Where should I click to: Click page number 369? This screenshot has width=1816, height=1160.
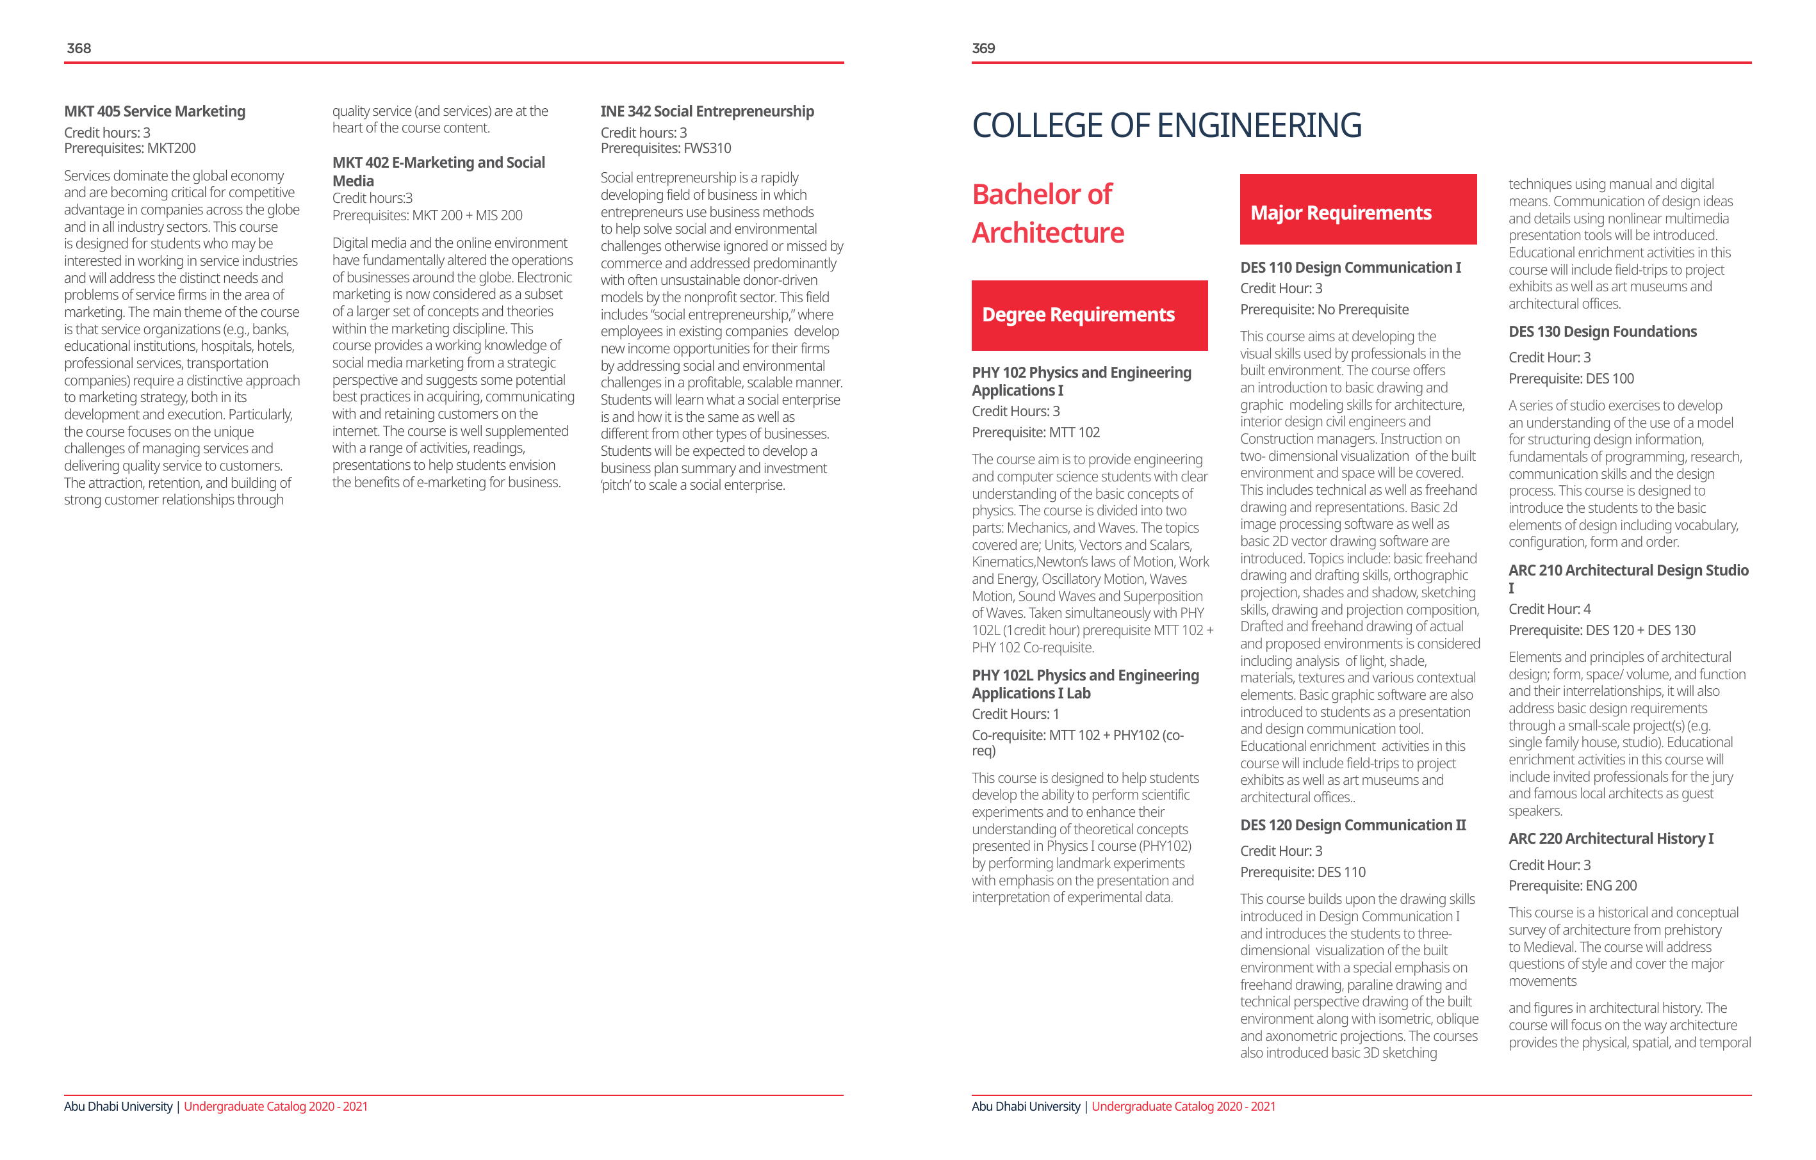983,48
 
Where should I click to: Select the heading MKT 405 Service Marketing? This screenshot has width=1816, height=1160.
154,111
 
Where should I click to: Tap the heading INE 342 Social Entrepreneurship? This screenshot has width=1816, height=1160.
707,111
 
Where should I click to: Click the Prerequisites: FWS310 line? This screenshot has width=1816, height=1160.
665,149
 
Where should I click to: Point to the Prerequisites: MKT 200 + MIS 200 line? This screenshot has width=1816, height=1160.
427,216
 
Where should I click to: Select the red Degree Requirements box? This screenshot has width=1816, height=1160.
1089,315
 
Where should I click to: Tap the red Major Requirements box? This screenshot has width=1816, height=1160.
1357,209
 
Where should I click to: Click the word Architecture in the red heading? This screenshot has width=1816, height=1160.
1047,233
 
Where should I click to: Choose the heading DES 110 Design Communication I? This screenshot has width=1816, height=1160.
1350,268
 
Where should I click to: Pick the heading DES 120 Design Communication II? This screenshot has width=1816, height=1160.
1352,825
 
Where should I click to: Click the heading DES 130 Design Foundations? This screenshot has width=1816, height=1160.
1602,332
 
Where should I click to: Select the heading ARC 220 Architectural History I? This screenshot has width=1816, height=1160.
1610,839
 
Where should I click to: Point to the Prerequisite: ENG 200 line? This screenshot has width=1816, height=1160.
1572,885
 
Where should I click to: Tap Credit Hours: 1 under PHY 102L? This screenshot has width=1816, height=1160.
1015,714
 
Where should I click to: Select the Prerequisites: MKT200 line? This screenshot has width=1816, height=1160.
129,149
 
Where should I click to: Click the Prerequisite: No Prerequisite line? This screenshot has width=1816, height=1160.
1323,310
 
